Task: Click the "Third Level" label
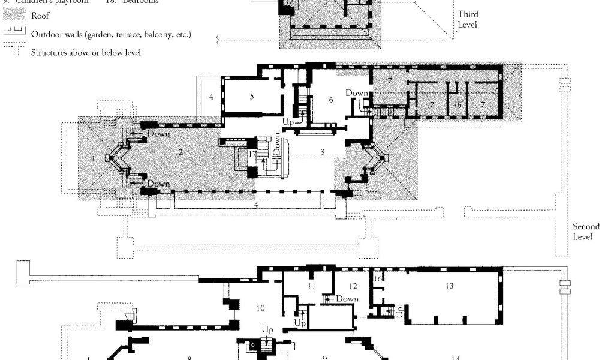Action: click(x=468, y=19)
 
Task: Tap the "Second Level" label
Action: click(x=586, y=232)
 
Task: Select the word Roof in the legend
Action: click(x=40, y=16)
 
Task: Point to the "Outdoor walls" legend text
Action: click(x=111, y=34)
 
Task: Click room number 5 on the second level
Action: click(x=252, y=96)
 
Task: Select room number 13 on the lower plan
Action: click(x=449, y=286)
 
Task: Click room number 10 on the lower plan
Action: click(x=260, y=308)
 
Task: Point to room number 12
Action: click(x=353, y=286)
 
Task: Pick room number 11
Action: click(x=312, y=286)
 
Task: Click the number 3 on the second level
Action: click(x=322, y=152)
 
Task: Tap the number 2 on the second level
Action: click(x=180, y=152)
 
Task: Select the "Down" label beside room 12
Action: click(x=347, y=299)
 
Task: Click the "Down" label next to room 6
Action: click(x=356, y=94)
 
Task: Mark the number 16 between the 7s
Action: click(x=457, y=105)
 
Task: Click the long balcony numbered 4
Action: click(x=256, y=205)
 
